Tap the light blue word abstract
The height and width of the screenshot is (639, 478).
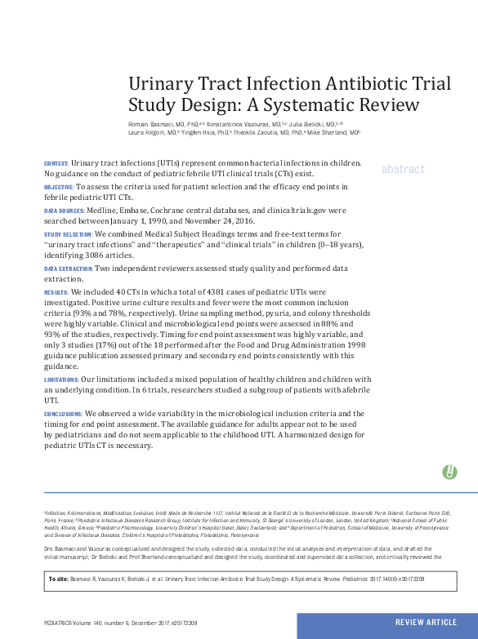pos(403,169)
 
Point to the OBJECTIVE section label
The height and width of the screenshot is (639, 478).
pos(58,188)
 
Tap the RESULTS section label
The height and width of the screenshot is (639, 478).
pos(56,291)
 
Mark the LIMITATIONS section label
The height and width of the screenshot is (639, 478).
pos(61,379)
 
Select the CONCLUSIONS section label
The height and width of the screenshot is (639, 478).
pos(63,414)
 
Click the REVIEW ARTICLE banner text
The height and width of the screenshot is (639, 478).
pos(426,623)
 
